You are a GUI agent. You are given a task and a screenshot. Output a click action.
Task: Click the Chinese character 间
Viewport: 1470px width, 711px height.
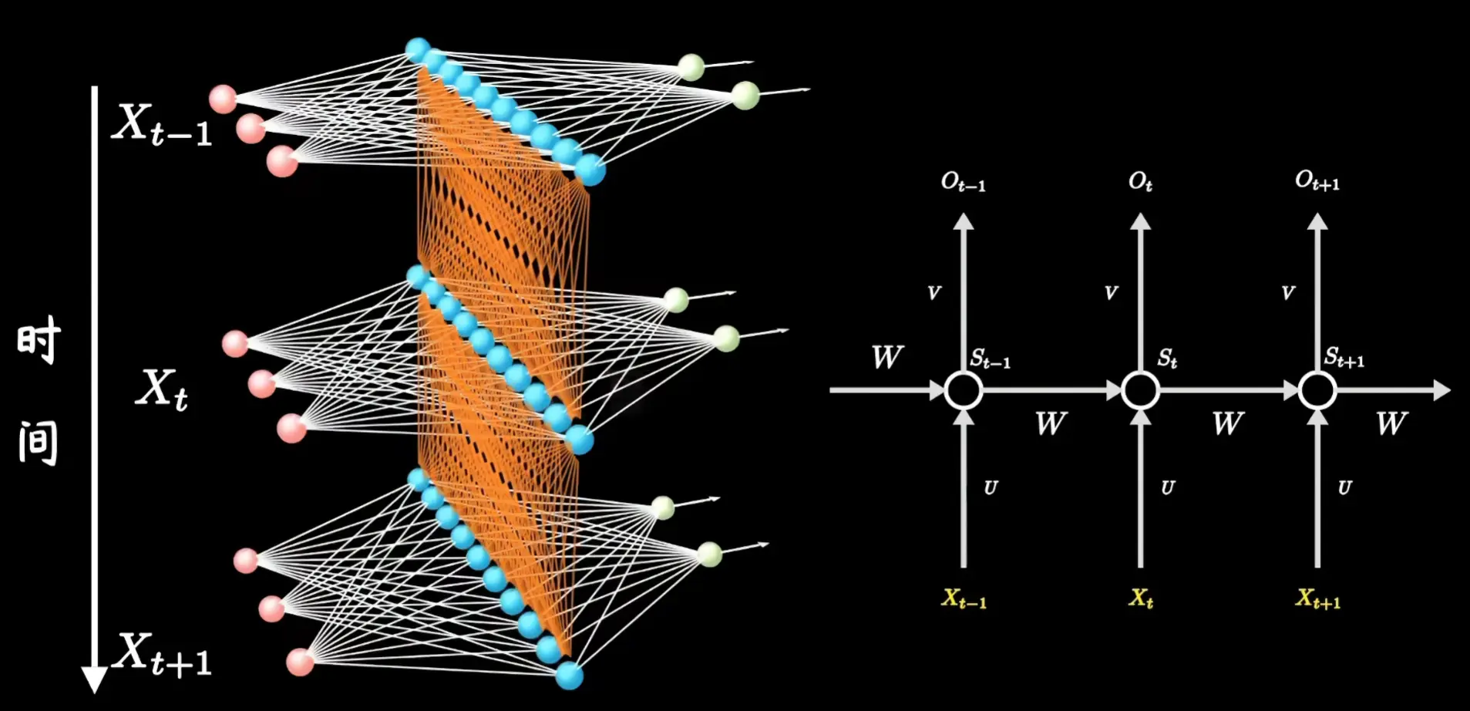tap(39, 443)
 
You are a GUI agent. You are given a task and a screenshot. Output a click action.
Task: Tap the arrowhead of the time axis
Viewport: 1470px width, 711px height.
tap(95, 679)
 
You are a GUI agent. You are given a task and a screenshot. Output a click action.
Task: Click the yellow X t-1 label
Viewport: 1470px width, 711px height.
tap(964, 599)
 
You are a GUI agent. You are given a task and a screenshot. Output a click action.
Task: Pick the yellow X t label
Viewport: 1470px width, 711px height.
tap(1141, 598)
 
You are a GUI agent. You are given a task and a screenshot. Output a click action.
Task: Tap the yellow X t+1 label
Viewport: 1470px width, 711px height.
tap(1318, 599)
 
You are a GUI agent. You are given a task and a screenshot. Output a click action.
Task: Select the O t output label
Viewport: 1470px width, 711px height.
tap(1141, 182)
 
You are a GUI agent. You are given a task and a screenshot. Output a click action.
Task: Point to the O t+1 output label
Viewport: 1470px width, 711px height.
tap(1317, 182)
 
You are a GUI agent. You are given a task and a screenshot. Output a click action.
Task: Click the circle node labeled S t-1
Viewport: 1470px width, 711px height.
tap(964, 390)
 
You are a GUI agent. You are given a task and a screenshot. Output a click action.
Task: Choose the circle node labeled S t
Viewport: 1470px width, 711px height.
tap(1141, 390)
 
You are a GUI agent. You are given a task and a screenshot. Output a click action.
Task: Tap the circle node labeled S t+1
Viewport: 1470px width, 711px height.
tap(1317, 390)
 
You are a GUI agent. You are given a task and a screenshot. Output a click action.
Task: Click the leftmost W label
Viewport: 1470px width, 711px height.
tap(887, 358)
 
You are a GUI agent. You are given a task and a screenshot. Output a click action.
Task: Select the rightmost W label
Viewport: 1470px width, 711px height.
tap(1391, 423)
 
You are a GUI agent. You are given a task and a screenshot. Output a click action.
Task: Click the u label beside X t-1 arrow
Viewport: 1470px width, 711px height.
tap(991, 488)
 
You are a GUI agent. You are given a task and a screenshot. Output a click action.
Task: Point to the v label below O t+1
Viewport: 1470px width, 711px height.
tap(1288, 293)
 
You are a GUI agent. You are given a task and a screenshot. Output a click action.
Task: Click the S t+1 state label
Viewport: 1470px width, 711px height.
tap(1344, 359)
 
